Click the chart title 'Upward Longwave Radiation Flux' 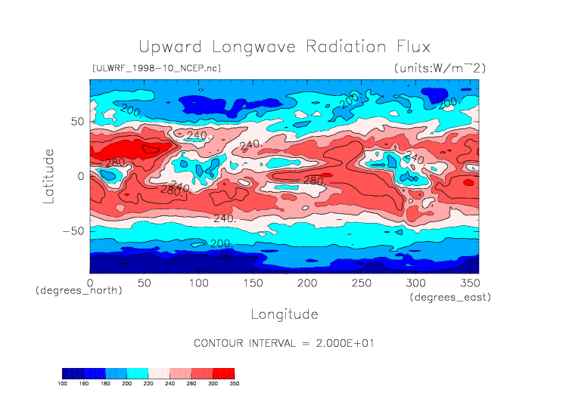[284, 46]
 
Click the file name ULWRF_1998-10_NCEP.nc [156, 68]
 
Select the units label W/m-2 [440, 68]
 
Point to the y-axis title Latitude [48, 175]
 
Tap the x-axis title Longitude [284, 314]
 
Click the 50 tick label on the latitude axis [76, 121]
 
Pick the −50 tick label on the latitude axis [72, 231]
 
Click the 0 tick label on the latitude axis [80, 176]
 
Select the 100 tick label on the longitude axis [198, 282]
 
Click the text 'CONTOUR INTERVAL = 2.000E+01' [284, 343]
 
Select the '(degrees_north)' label [79, 290]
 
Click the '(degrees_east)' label [451, 298]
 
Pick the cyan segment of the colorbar [138, 373]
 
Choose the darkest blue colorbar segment [73, 373]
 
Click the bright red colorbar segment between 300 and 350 [223, 373]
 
